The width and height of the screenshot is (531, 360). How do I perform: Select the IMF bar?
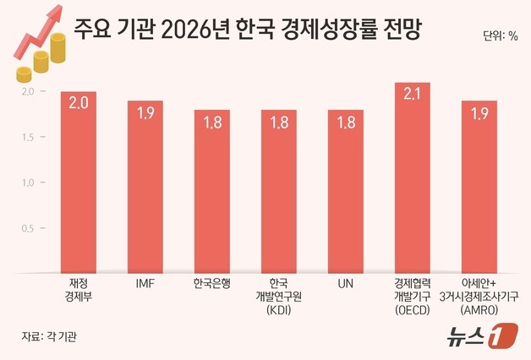point(145,187)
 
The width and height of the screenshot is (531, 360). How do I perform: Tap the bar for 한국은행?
point(211,191)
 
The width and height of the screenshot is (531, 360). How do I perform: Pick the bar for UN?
point(345,191)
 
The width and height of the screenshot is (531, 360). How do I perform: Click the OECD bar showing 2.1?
point(412,177)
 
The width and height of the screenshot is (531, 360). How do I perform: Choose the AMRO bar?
point(479,187)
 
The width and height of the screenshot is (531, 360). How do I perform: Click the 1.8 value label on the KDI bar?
point(278,123)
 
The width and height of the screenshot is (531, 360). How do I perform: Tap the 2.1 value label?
point(412,95)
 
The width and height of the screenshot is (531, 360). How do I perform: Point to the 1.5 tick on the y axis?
point(27,137)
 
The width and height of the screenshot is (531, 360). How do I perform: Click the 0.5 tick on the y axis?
point(27,229)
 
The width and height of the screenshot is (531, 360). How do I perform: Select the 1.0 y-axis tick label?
point(27,183)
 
